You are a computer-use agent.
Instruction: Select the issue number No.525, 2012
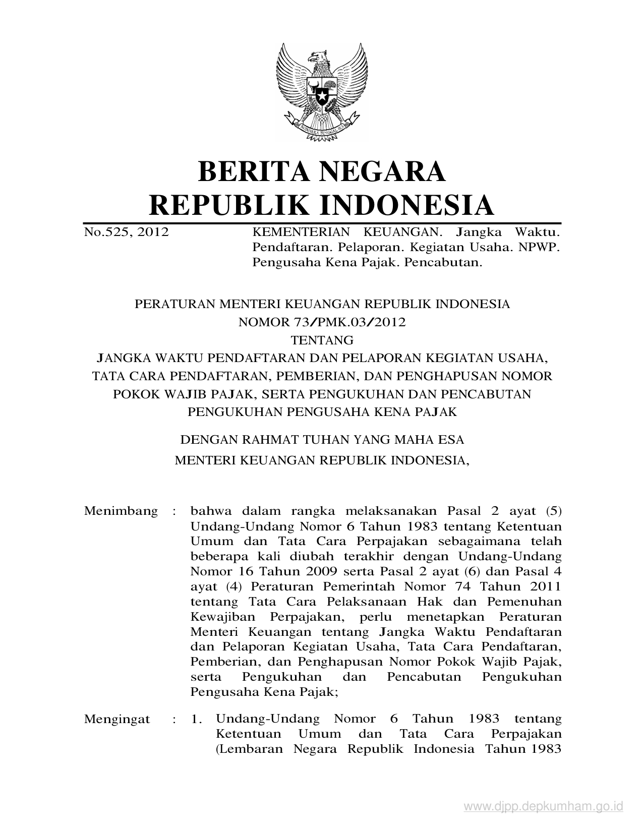(126, 232)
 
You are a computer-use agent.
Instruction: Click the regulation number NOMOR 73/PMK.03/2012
(322, 322)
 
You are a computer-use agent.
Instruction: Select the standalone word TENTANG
(322, 340)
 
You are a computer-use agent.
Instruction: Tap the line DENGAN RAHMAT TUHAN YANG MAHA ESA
(322, 440)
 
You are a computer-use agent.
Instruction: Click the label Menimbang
(121, 511)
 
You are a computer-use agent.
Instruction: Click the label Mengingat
(117, 719)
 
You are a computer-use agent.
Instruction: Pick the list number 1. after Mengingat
(197, 720)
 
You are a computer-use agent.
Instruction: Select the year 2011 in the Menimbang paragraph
(546, 586)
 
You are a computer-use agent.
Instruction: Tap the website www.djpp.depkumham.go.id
(543, 807)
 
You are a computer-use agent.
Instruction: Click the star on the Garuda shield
(321, 94)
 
